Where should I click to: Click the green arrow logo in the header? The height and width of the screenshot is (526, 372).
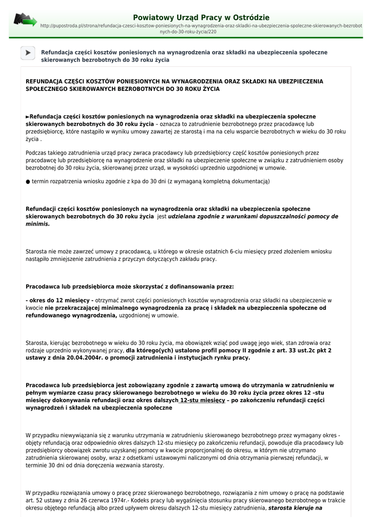[25, 20]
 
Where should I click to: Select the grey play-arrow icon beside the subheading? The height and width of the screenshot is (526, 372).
[28, 52]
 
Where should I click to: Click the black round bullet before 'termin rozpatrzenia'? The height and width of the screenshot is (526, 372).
[28, 181]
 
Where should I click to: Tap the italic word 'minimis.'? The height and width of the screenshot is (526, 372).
[38, 224]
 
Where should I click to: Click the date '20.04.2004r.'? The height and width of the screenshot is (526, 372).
[85, 358]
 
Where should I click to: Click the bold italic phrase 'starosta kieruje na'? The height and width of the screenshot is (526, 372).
[295, 508]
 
